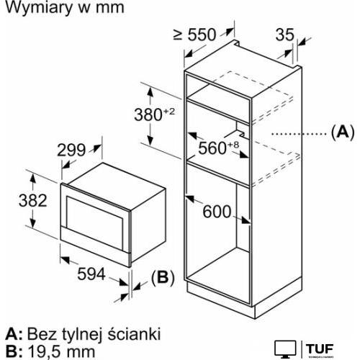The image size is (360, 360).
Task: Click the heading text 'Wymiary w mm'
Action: pyautogui.click(x=63, y=9)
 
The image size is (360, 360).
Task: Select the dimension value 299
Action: pyautogui.click(x=72, y=149)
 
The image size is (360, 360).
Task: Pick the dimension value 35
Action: pyautogui.click(x=285, y=33)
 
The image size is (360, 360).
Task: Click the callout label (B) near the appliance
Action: pyautogui.click(x=163, y=278)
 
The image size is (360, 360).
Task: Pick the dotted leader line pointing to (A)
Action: pyautogui.click(x=295, y=132)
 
